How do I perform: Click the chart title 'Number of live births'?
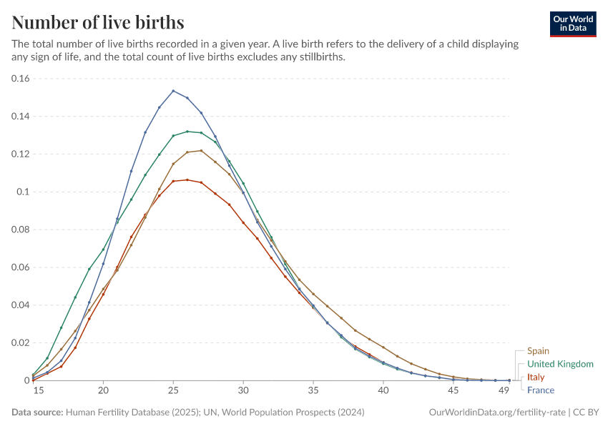pyautogui.click(x=98, y=22)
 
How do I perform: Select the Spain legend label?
pyautogui.click(x=539, y=351)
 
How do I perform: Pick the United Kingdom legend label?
pyautogui.click(x=560, y=364)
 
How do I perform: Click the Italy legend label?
pyautogui.click(x=536, y=377)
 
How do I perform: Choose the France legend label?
pyautogui.click(x=541, y=390)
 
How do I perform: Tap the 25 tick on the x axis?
pyautogui.click(x=173, y=391)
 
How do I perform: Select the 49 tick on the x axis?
pyautogui.click(x=504, y=391)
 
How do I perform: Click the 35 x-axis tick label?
pyautogui.click(x=313, y=391)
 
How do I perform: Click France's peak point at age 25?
pyautogui.click(x=173, y=91)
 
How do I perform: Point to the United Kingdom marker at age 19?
pyautogui.click(x=89, y=269)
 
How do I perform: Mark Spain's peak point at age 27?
pyautogui.click(x=201, y=151)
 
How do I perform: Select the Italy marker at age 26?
pyautogui.click(x=187, y=180)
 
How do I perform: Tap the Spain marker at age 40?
pyautogui.click(x=383, y=347)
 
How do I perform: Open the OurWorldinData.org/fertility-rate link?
pyautogui.click(x=496, y=413)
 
